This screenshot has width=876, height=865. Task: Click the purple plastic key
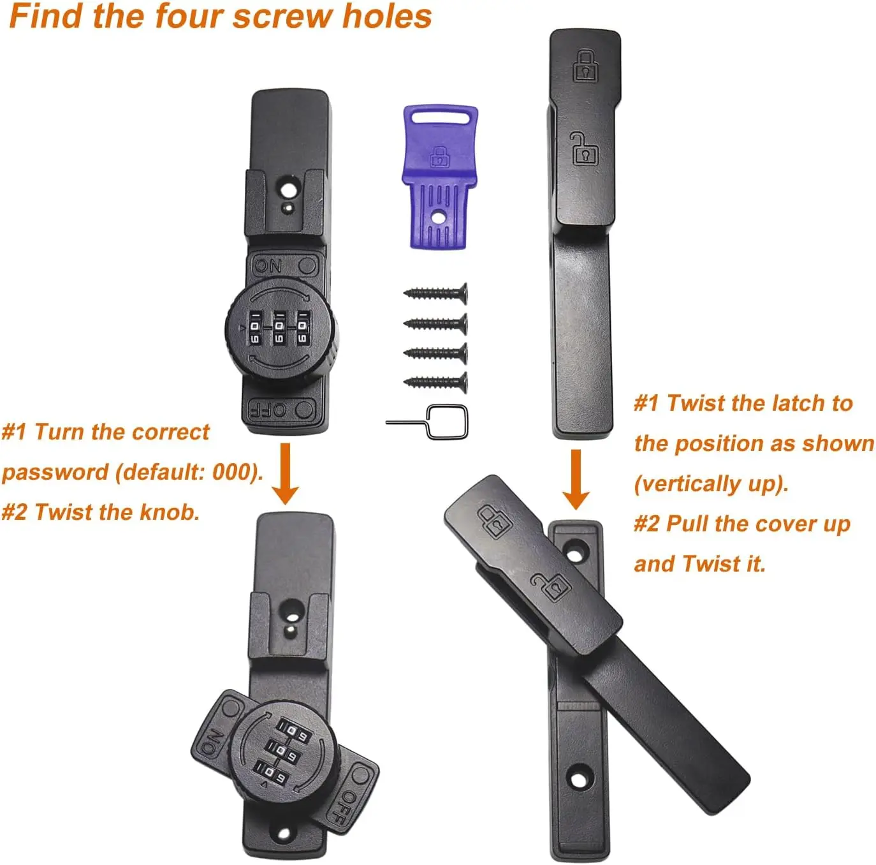439,177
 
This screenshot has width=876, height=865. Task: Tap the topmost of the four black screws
435,293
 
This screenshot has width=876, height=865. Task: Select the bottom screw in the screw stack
435,382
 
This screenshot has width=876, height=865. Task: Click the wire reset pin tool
427,422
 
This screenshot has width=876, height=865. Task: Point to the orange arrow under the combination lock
285,474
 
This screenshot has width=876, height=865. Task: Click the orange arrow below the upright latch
576,480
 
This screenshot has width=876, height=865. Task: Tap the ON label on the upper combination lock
268,266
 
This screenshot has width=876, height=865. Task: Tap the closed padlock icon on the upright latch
585,66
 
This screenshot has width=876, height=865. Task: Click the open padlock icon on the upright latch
584,148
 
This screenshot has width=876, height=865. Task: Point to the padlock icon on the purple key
439,156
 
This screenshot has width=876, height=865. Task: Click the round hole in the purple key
438,218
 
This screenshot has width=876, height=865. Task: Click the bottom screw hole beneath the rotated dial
284,834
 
